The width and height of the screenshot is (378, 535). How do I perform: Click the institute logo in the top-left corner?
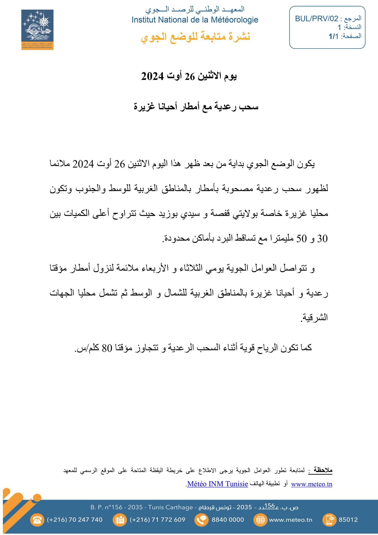(37, 30)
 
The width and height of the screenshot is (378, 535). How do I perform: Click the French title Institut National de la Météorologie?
(195, 20)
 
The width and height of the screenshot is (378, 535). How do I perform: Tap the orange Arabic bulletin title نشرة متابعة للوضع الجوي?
(196, 37)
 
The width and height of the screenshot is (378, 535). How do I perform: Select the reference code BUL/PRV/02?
(316, 19)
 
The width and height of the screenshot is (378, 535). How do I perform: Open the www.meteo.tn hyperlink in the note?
(311, 484)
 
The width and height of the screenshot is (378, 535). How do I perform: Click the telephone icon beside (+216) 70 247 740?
(37, 520)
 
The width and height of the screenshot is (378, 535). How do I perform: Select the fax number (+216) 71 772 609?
(157, 520)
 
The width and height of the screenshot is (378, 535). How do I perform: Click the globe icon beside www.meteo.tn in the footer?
(260, 520)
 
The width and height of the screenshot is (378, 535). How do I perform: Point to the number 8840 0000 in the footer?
(228, 520)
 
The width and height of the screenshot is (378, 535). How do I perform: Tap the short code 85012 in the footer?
(348, 520)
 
